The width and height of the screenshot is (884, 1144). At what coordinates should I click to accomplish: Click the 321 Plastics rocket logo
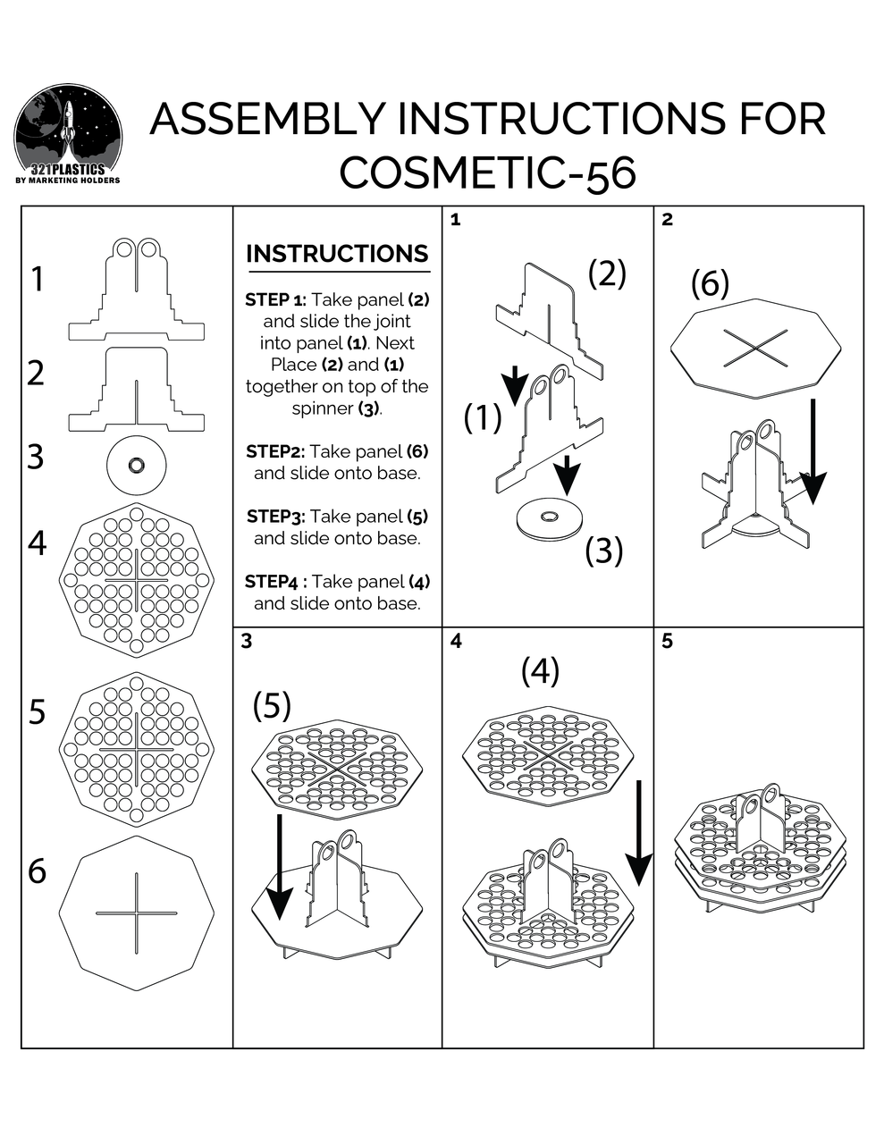pyautogui.click(x=69, y=135)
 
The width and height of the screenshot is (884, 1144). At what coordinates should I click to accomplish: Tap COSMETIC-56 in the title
pyautogui.click(x=487, y=172)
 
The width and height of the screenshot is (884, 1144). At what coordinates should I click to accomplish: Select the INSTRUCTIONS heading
pyautogui.click(x=337, y=254)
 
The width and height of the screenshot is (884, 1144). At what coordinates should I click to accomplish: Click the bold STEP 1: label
pyautogui.click(x=275, y=300)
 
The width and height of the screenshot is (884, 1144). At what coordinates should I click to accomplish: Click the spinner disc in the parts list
pyautogui.click(x=136, y=465)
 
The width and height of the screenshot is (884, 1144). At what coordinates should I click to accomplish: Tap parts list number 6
pyautogui.click(x=37, y=870)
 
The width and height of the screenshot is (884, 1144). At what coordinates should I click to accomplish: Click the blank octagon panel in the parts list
pyautogui.click(x=137, y=913)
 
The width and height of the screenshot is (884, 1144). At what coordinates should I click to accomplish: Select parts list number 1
pyautogui.click(x=37, y=280)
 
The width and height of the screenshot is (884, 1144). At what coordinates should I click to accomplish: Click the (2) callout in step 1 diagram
pyautogui.click(x=606, y=273)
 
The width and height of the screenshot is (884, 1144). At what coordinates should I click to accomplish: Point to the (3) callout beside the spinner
pyautogui.click(x=603, y=551)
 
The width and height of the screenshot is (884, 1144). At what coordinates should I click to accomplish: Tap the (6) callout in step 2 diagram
pyautogui.click(x=710, y=284)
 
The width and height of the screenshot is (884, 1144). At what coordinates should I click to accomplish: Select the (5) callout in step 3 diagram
pyautogui.click(x=272, y=705)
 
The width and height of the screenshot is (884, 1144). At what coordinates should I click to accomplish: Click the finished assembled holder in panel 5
pyautogui.click(x=758, y=849)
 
